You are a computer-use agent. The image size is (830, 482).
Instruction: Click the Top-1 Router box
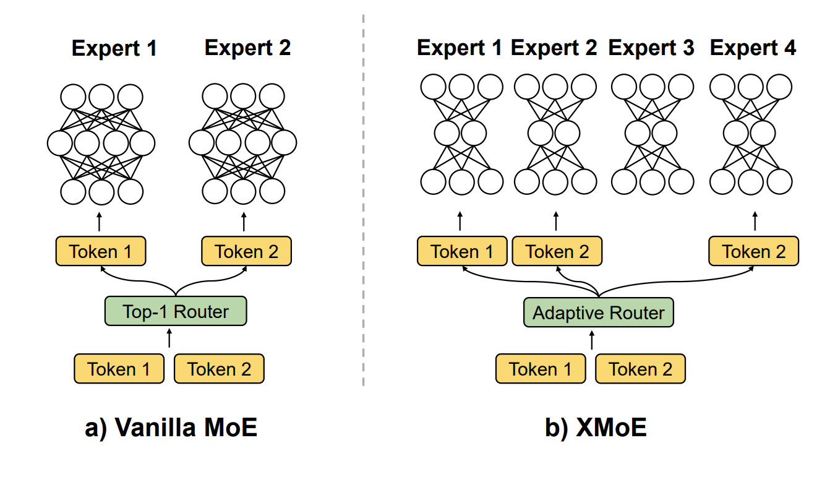176,311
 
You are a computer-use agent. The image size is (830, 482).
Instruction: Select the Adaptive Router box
598,312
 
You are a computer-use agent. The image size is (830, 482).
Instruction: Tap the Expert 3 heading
651,48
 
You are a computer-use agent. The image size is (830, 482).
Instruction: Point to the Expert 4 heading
753,48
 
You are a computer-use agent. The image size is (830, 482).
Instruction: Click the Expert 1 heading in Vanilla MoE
114,48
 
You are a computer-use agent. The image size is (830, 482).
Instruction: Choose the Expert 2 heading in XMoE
554,48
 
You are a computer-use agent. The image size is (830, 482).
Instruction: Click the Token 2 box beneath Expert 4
754,252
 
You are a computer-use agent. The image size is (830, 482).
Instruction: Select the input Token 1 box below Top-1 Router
119,369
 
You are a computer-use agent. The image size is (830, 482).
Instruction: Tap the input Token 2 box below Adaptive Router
640,369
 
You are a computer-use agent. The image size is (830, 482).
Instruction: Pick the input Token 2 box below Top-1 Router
219,369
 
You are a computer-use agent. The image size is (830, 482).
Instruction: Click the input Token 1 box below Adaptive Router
541,369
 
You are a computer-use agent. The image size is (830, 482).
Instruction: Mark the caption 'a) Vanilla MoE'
171,428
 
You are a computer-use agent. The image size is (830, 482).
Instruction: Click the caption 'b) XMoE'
596,428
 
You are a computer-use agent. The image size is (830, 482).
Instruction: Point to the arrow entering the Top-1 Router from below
169,339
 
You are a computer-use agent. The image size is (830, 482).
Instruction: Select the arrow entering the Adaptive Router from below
592,340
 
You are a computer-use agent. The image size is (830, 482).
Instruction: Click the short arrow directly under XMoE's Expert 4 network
754,222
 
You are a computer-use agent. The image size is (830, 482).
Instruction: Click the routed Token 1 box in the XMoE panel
462,252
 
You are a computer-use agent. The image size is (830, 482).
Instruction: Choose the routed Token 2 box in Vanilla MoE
246,252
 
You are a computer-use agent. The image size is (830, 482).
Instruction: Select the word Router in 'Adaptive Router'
635,312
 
